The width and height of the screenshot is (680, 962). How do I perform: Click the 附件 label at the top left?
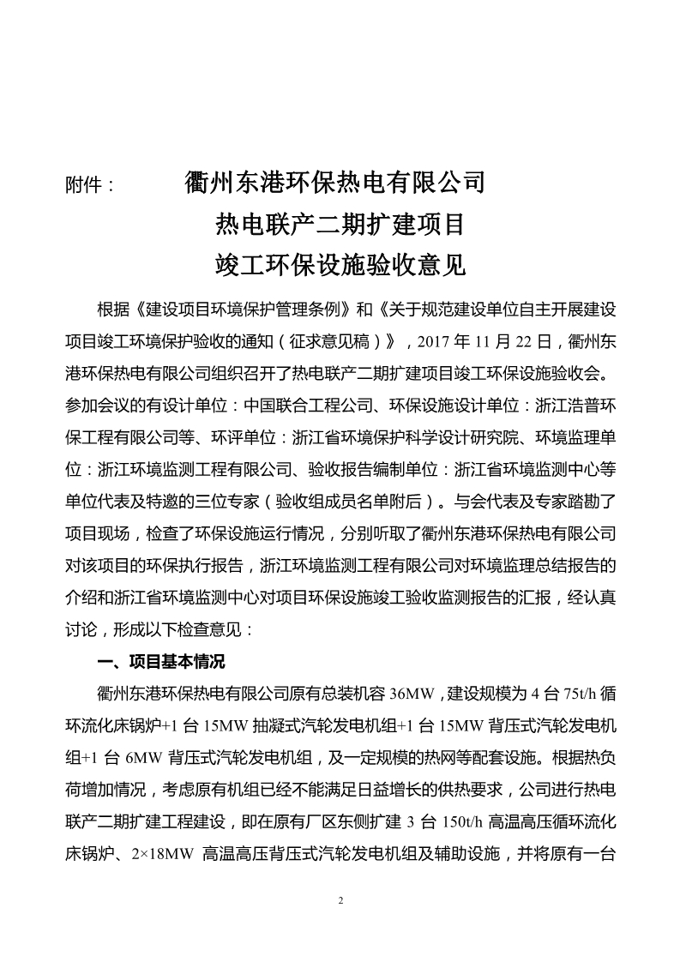coord(88,184)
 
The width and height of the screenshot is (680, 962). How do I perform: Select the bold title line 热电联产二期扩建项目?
coord(340,225)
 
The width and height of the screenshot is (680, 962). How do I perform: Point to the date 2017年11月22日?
coord(488,340)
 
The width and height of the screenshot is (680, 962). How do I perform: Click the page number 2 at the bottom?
coord(340,901)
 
